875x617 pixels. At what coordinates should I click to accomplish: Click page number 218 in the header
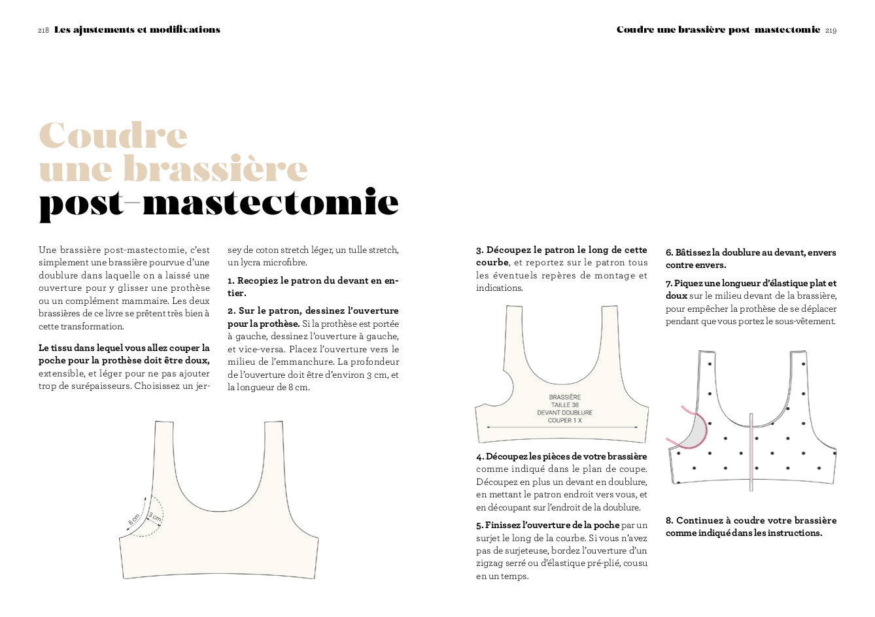pyautogui.click(x=44, y=30)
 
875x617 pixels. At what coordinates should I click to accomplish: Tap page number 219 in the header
pyautogui.click(x=831, y=30)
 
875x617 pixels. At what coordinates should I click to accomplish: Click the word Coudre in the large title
pyautogui.click(x=113, y=135)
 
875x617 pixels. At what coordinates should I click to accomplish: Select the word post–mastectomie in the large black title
pyautogui.click(x=218, y=203)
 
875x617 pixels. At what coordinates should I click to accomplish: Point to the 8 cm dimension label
pyautogui.click(x=135, y=520)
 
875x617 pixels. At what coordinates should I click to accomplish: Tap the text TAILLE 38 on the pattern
pyautogui.click(x=564, y=405)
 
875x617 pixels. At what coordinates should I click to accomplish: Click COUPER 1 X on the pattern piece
pyautogui.click(x=564, y=421)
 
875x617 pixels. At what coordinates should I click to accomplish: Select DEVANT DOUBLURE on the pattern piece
pyautogui.click(x=564, y=413)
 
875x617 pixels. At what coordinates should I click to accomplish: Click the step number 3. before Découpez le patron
pyautogui.click(x=480, y=250)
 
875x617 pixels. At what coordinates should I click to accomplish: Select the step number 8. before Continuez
pyautogui.click(x=670, y=521)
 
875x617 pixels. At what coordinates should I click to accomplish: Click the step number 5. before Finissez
pyautogui.click(x=479, y=525)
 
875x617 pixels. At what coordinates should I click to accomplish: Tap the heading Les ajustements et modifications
pyautogui.click(x=137, y=30)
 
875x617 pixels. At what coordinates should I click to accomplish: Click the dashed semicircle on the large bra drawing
pyautogui.click(x=156, y=516)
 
